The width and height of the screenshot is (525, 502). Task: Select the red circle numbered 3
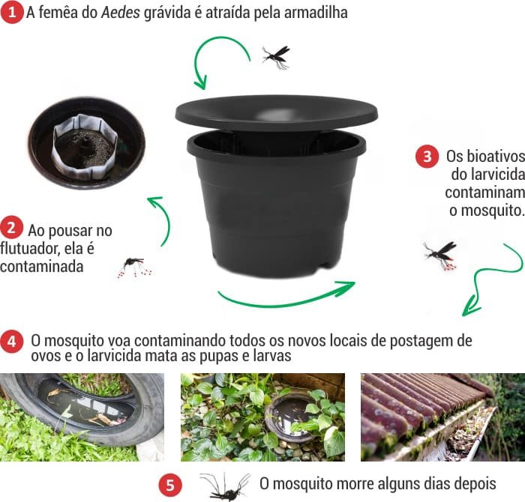tap(427, 157)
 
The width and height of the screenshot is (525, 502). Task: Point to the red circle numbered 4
tap(12, 342)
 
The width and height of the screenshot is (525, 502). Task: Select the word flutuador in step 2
tap(30, 247)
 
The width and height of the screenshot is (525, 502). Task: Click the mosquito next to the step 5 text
tap(224, 486)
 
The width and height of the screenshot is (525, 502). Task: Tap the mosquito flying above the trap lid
tap(275, 56)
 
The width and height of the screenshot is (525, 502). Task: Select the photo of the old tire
tap(81, 417)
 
